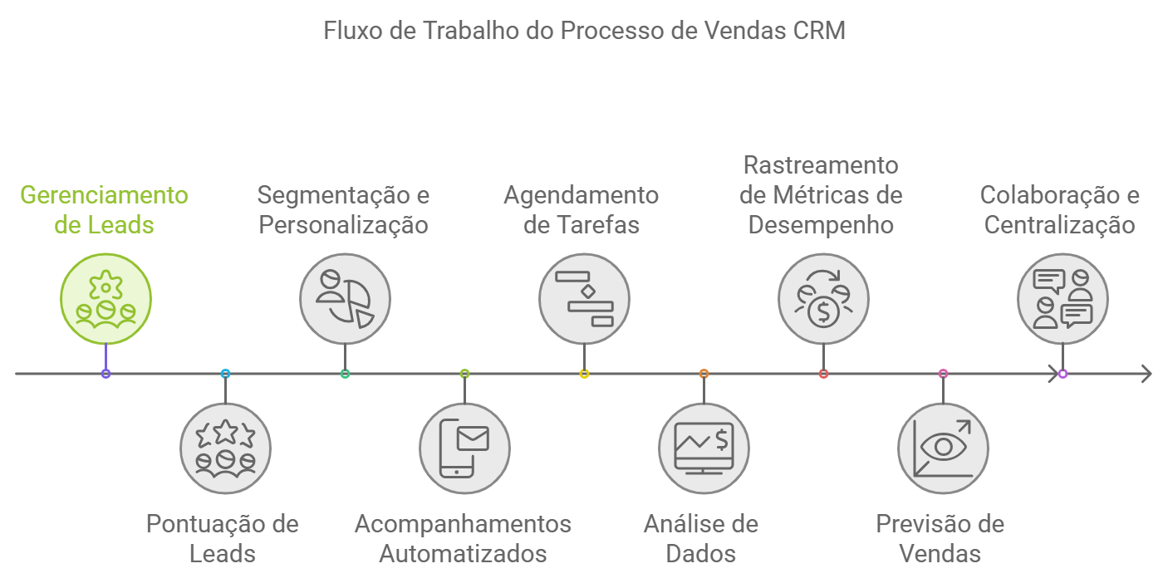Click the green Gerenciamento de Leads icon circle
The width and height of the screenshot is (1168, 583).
pyautogui.click(x=106, y=298)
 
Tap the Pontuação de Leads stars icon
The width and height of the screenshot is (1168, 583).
pyautogui.click(x=225, y=448)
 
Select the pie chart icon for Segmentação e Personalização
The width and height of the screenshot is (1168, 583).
pyautogui.click(x=345, y=298)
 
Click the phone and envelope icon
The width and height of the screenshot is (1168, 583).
pyautogui.click(x=464, y=448)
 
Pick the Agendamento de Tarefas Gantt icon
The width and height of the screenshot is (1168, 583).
pyautogui.click(x=584, y=298)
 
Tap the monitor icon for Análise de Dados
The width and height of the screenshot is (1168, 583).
pyautogui.click(x=704, y=448)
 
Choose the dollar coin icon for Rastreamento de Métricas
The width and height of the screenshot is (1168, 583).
pyautogui.click(x=823, y=298)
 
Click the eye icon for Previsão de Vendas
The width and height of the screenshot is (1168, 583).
pyautogui.click(x=943, y=448)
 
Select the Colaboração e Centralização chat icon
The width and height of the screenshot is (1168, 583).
pyautogui.click(x=1062, y=298)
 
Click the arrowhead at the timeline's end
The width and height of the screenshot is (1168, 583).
pyautogui.click(x=1146, y=374)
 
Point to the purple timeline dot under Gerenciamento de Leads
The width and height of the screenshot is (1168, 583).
pyautogui.click(x=106, y=374)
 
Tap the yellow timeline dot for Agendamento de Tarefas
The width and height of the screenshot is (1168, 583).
pyautogui.click(x=584, y=374)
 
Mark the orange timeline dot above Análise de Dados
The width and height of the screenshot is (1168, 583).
pyautogui.click(x=704, y=374)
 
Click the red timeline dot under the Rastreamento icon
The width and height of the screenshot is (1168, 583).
pyautogui.click(x=823, y=374)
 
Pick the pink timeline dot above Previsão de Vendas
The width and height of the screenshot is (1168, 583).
pyautogui.click(x=943, y=374)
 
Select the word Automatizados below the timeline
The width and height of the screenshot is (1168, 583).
pyautogui.click(x=463, y=554)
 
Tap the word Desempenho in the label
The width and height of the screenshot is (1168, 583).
pyautogui.click(x=821, y=225)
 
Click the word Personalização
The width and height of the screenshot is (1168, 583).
pyautogui.click(x=344, y=225)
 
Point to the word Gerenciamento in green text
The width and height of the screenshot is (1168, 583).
pyautogui.click(x=104, y=195)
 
